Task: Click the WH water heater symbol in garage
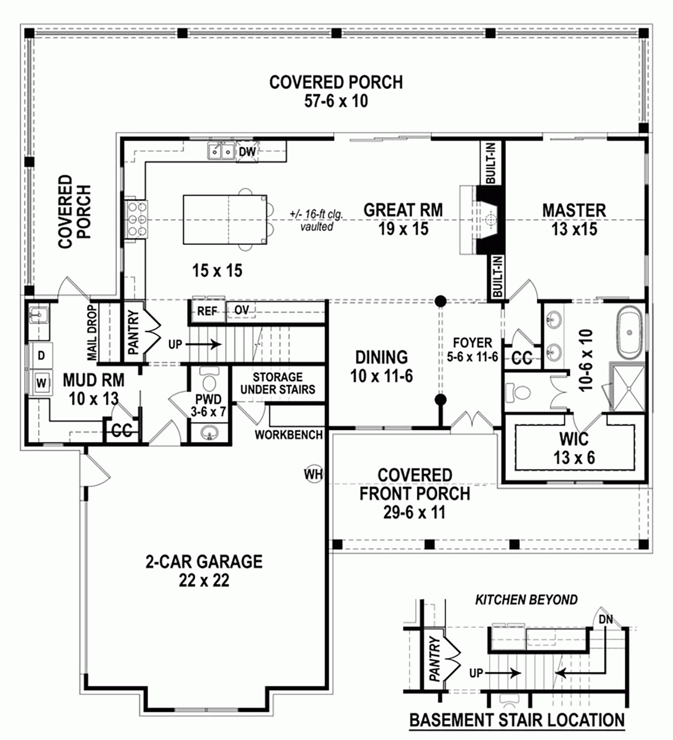click(314, 474)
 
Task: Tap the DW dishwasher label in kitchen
click(247, 151)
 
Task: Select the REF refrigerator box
click(207, 311)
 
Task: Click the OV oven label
click(242, 310)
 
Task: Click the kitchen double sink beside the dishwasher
click(221, 151)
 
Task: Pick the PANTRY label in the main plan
click(133, 333)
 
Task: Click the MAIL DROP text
click(93, 332)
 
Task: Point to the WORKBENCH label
click(289, 434)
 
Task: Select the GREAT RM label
click(403, 210)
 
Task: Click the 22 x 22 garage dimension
click(204, 581)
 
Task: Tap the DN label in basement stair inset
click(606, 619)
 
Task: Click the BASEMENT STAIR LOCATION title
click(517, 720)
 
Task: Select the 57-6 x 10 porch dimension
click(336, 101)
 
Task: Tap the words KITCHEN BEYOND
click(526, 600)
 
